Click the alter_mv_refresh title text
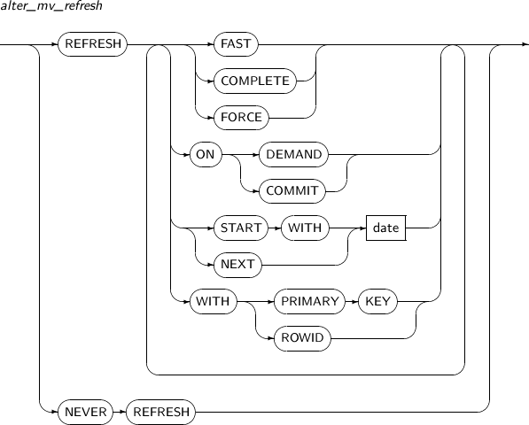[51, 6]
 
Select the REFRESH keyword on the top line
[93, 43]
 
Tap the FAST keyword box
[236, 43]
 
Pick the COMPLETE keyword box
[255, 81]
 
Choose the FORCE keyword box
[241, 118]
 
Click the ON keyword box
[206, 154]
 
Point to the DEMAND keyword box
[293, 154]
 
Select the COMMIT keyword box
[292, 191]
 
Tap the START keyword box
[241, 228]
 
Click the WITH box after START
[305, 228]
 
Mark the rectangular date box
[386, 228]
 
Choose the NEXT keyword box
[237, 265]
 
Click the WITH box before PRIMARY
[214, 301]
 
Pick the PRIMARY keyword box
[310, 301]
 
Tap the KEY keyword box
[377, 301]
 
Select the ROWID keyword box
[302, 338]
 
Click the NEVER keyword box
[85, 412]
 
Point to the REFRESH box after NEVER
[160, 412]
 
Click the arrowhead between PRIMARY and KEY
[355, 301]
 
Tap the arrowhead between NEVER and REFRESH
[123, 412]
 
